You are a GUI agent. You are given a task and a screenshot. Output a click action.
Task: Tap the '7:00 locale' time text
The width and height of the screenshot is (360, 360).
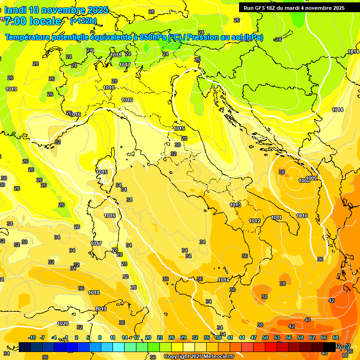click(33, 21)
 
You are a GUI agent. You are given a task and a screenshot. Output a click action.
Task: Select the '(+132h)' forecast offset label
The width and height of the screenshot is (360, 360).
click(83, 21)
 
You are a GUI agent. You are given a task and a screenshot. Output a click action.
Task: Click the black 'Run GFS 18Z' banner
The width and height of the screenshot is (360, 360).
click(294, 7)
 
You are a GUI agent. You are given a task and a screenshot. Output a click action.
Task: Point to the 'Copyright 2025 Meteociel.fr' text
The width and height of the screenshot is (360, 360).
click(199, 356)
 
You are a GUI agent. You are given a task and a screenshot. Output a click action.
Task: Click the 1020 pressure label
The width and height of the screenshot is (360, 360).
click(63, 323)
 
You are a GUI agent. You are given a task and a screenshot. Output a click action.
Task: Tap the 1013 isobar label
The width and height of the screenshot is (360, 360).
click(235, 205)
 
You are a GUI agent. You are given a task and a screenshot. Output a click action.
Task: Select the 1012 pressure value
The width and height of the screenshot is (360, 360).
click(255, 221)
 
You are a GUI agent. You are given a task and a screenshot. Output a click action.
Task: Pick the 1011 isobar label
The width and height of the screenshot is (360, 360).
click(277, 217)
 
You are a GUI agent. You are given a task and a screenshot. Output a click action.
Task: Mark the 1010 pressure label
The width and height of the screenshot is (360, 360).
click(302, 216)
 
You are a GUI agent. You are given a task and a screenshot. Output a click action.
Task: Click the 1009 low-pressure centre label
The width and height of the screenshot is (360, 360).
click(311, 179)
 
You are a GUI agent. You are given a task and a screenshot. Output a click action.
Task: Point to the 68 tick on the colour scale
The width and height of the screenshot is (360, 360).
click(336, 337)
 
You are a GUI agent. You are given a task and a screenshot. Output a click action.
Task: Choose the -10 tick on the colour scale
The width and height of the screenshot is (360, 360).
click(32, 337)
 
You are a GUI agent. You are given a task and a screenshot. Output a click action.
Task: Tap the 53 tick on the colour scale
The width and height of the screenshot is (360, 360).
click(277, 337)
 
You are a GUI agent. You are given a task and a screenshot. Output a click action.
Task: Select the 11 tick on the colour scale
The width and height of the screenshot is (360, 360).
click(112, 337)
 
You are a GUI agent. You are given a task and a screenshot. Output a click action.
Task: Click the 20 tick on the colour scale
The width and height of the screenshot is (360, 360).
click(148, 337)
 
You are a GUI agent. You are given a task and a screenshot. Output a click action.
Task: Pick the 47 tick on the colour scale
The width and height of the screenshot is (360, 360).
click(254, 337)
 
